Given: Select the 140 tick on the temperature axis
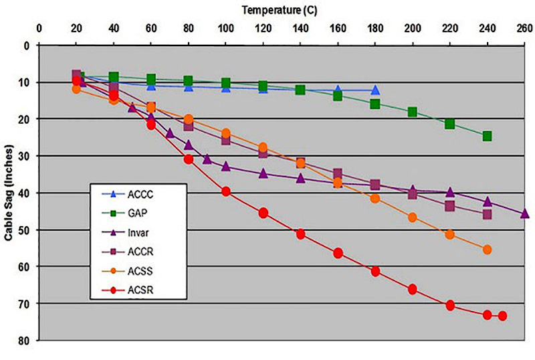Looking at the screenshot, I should pos(301,29).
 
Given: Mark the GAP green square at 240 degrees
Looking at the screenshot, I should pos(488,136).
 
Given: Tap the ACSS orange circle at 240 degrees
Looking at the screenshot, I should pos(488,250).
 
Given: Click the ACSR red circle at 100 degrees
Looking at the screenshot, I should pos(226,191).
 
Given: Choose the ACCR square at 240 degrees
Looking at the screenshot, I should pos(488,214).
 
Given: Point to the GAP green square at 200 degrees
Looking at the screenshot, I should pos(413,112).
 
